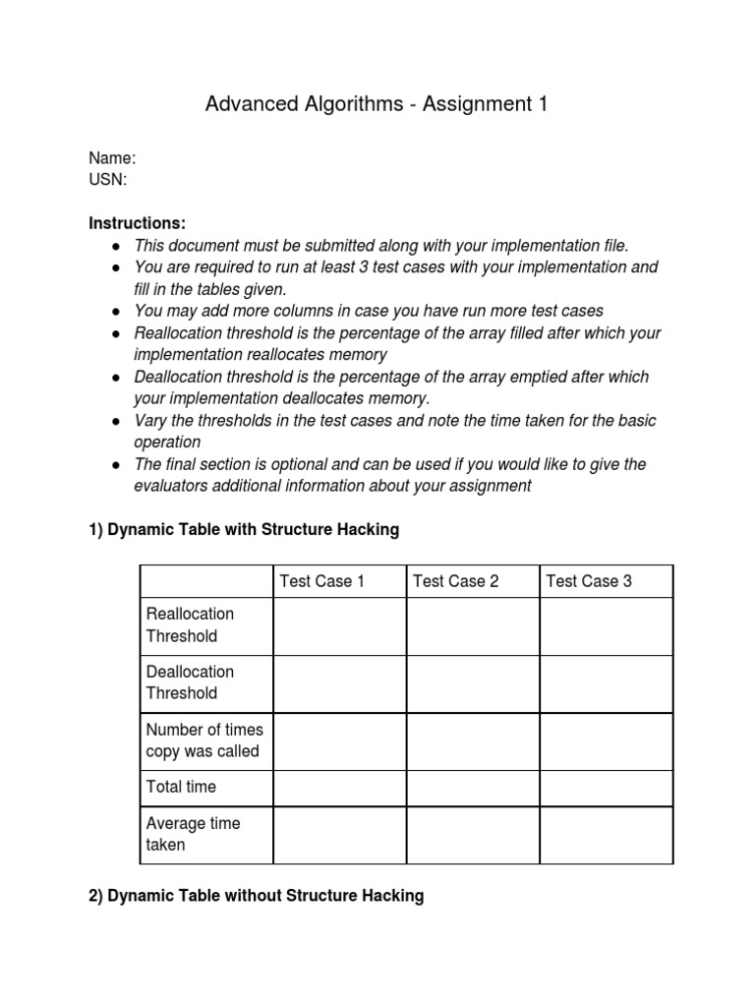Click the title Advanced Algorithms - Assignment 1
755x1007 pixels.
pos(377,104)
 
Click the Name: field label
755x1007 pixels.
pos(112,158)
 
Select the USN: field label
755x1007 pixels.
pos(108,180)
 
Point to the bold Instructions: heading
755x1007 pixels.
pos(137,223)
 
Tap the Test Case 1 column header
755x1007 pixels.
pos(322,581)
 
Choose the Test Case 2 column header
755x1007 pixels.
pos(456,581)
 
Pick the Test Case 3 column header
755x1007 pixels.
pos(589,581)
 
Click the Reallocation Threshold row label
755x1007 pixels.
pos(191,625)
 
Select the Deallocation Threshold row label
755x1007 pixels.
pos(191,682)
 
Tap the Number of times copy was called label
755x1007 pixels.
pos(204,740)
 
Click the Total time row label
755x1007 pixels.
pos(181,787)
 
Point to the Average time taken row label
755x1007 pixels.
pos(193,834)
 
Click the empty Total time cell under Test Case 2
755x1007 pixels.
pos(473,788)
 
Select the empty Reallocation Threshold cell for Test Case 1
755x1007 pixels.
pos(339,626)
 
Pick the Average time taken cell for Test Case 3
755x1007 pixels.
pos(607,835)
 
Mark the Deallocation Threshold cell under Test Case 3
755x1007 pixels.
pos(607,683)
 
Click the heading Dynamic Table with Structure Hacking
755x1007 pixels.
pos(244,530)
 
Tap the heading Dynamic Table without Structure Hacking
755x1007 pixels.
pos(257,896)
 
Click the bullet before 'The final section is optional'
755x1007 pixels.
pos(116,464)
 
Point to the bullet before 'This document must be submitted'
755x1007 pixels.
pos(116,246)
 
